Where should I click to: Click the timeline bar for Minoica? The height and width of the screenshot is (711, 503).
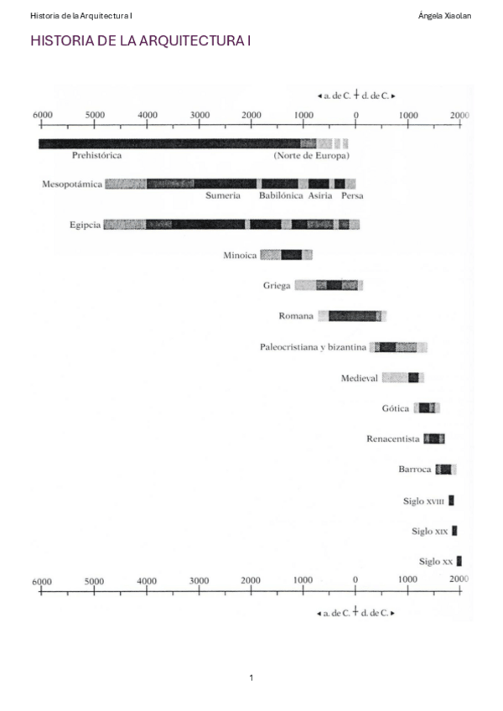click(x=286, y=255)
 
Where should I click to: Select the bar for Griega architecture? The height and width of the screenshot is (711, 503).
click(x=328, y=285)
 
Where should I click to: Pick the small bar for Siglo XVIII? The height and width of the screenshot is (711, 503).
click(x=451, y=501)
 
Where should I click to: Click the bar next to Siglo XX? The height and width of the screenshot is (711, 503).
click(x=459, y=561)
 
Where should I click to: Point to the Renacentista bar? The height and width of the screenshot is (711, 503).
click(x=433, y=439)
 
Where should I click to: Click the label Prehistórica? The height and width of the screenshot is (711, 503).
click(x=97, y=156)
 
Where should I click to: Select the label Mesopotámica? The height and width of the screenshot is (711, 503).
click(x=71, y=184)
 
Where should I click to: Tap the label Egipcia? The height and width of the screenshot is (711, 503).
click(x=86, y=225)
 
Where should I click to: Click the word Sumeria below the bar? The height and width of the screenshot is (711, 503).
click(x=223, y=195)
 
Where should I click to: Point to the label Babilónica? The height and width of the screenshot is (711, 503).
click(x=280, y=195)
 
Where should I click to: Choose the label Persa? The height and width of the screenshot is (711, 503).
click(x=352, y=195)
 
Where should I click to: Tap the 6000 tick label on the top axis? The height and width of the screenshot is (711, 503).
click(x=42, y=115)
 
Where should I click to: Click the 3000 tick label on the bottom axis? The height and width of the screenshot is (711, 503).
click(x=199, y=581)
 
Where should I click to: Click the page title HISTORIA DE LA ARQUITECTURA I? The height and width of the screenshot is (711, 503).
click(x=140, y=41)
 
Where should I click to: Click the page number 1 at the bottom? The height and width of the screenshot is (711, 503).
click(x=251, y=677)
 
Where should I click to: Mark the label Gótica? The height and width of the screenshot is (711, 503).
click(x=395, y=408)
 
